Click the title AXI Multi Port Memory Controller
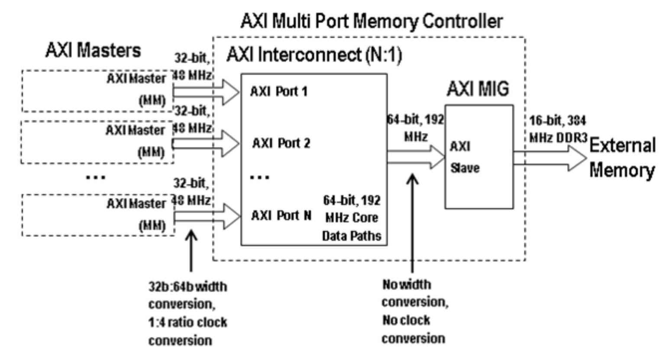coord(372,21)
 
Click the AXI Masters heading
coord(93,50)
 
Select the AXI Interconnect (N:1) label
coord(314,55)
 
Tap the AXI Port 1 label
coord(279,92)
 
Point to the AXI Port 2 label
coord(281,143)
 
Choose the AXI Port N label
coord(281,215)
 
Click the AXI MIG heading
coord(478,89)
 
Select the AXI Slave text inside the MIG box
coord(464,157)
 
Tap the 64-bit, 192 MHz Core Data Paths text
coord(352,218)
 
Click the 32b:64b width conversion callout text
coord(188,313)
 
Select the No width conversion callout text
coord(414,311)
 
